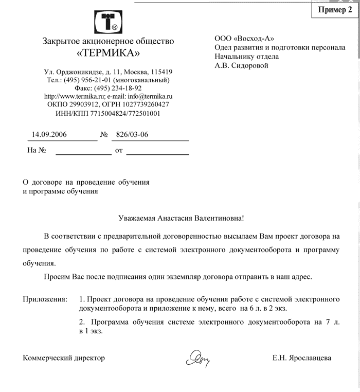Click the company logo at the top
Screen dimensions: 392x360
[x=108, y=20]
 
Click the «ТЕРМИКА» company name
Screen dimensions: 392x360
[x=108, y=53]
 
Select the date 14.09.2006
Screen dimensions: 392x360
[x=49, y=135]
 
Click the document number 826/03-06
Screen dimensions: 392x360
[x=132, y=135]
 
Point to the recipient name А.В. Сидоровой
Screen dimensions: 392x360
[x=242, y=65]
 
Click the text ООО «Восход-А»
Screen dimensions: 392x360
[x=244, y=39]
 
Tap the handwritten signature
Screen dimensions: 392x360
[x=199, y=358]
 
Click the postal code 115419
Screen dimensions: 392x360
[x=158, y=72]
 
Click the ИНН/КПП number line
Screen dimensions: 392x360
[x=108, y=113]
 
